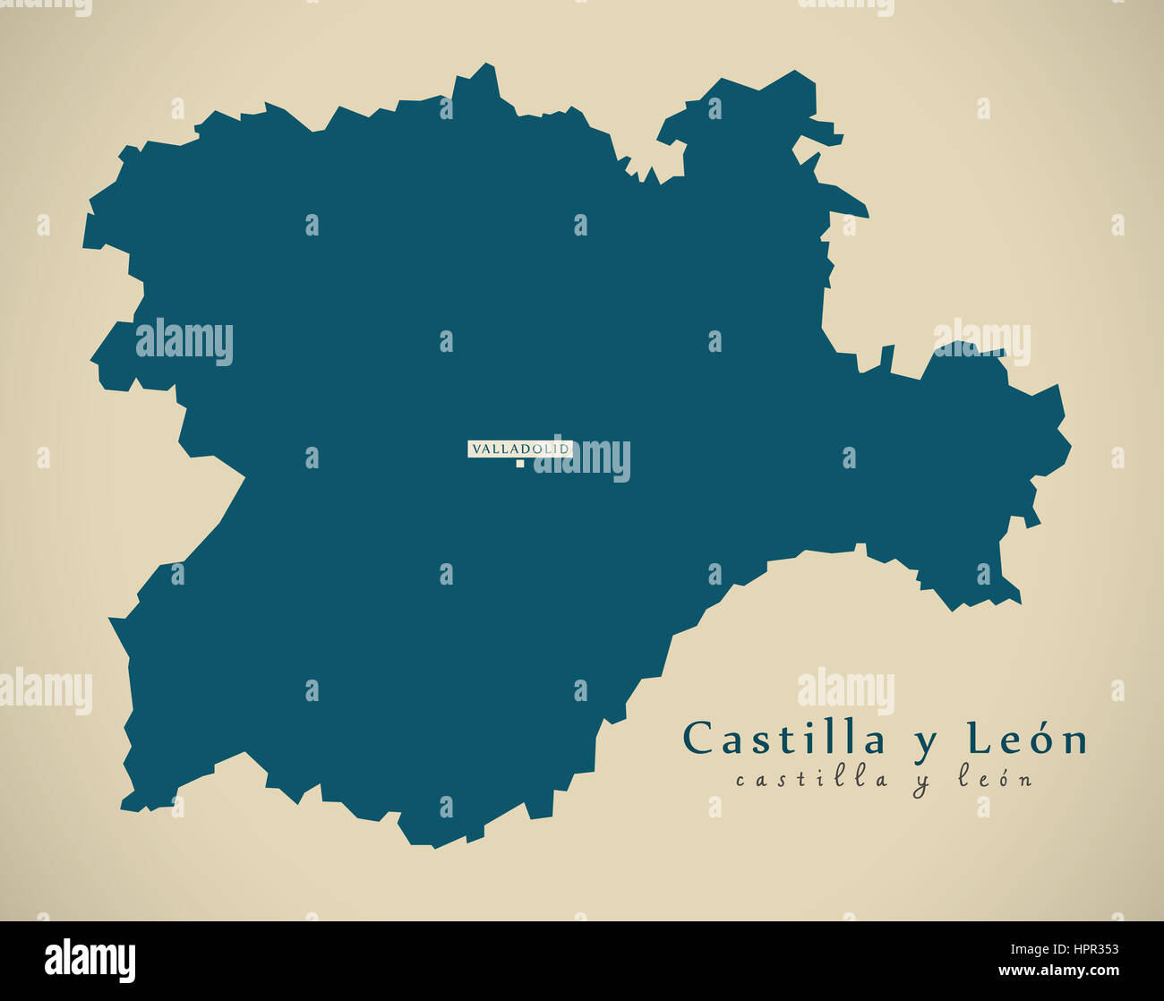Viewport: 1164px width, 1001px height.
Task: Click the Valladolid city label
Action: [519, 449]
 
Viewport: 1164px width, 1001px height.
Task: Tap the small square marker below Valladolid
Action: [519, 464]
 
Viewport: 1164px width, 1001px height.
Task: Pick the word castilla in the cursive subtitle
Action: [812, 779]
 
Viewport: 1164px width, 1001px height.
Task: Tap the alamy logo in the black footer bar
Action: [90, 960]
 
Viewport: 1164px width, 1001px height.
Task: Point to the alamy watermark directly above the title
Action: [845, 690]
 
